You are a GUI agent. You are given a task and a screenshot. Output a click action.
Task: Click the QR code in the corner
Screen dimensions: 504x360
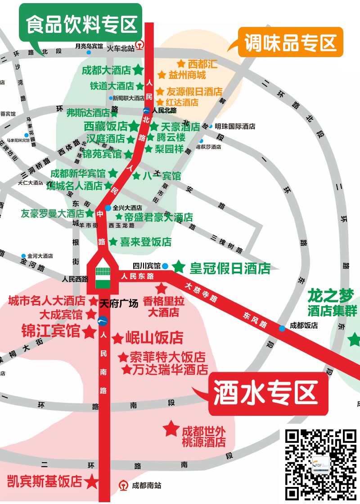click(321, 464)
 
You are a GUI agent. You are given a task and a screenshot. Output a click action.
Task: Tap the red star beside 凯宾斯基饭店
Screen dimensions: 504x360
click(91, 482)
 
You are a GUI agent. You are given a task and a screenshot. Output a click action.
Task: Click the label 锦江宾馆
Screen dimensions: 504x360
click(51, 332)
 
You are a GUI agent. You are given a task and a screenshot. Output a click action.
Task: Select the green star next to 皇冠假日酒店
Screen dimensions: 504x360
click(179, 267)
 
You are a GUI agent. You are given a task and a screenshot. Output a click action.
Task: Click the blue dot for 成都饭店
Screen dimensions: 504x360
click(282, 328)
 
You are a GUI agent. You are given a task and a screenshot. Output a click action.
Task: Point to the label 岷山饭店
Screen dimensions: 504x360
click(154, 337)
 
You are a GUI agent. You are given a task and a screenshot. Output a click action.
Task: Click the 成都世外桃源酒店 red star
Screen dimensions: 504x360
click(171, 428)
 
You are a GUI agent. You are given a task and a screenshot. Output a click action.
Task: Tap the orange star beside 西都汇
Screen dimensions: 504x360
click(181, 64)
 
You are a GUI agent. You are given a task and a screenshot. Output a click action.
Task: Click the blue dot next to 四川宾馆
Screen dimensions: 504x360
click(165, 266)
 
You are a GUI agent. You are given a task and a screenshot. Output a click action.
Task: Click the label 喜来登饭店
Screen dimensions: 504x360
click(145, 241)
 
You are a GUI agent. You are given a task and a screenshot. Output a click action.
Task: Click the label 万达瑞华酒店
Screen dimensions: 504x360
click(170, 370)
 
